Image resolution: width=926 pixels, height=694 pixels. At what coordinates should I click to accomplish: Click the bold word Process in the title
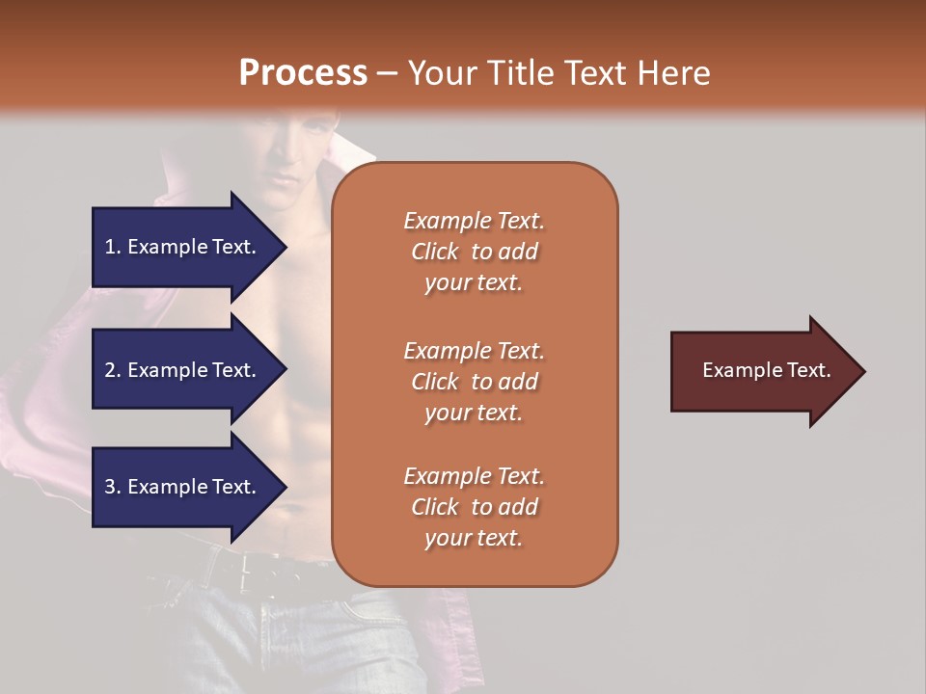pyautogui.click(x=303, y=73)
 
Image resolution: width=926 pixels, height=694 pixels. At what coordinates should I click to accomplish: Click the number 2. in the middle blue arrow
pyautogui.click(x=112, y=370)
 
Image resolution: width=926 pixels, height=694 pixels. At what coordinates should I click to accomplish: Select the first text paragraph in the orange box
pyautogui.click(x=474, y=252)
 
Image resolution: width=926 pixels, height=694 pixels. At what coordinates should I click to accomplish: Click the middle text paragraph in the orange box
pyautogui.click(x=474, y=382)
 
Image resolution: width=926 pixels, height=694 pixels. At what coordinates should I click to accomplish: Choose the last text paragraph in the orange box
pyautogui.click(x=474, y=507)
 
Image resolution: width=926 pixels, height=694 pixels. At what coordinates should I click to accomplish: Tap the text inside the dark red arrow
pyautogui.click(x=767, y=370)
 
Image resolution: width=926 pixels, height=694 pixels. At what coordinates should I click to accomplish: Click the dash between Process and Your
pyautogui.click(x=387, y=73)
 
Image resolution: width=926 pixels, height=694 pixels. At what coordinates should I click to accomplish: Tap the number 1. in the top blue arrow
pyautogui.click(x=112, y=247)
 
